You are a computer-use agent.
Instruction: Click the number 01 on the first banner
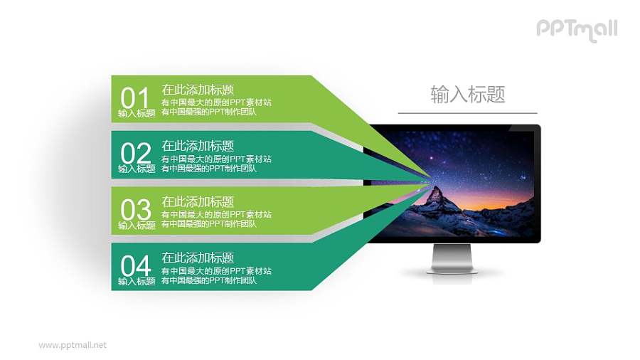click(136, 97)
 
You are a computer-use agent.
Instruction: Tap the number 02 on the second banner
click(136, 153)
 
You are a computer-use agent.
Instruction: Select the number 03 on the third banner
click(136, 209)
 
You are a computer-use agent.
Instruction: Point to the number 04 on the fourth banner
click(136, 265)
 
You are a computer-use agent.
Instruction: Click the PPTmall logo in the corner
click(576, 29)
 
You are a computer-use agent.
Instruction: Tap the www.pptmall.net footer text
click(73, 345)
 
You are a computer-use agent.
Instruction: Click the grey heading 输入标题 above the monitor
click(467, 95)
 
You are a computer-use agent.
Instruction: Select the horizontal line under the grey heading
click(467, 113)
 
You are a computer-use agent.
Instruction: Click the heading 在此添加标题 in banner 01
click(198, 90)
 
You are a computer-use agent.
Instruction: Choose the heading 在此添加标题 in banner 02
click(198, 146)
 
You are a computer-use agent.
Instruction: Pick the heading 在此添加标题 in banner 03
click(198, 202)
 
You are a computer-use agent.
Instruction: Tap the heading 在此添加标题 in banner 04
click(198, 258)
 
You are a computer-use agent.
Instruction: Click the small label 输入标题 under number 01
click(137, 113)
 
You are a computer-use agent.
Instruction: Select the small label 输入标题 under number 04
click(137, 282)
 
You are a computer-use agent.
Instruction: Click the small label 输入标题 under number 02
click(137, 169)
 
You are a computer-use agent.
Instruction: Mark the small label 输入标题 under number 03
click(137, 226)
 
